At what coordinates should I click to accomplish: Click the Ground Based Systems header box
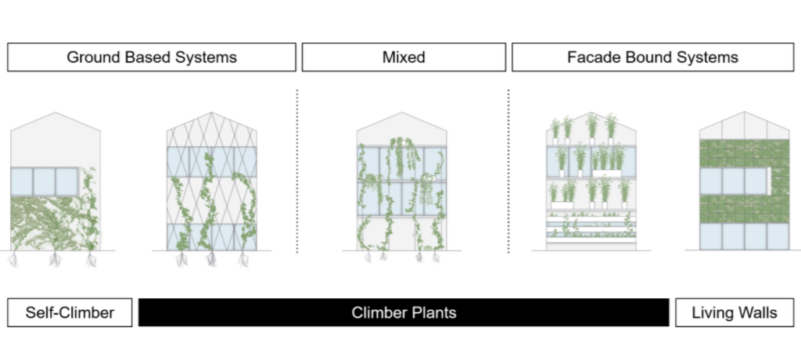click(152, 57)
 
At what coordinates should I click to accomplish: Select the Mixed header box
click(404, 57)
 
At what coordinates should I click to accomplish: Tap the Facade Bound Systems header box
click(652, 57)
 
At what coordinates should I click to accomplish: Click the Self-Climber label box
click(70, 313)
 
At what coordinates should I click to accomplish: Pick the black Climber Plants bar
click(404, 313)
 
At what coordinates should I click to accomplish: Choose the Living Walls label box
click(735, 313)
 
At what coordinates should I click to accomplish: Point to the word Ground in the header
click(92, 57)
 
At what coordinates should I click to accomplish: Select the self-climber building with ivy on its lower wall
click(56, 188)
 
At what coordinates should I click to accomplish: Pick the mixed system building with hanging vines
click(402, 188)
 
